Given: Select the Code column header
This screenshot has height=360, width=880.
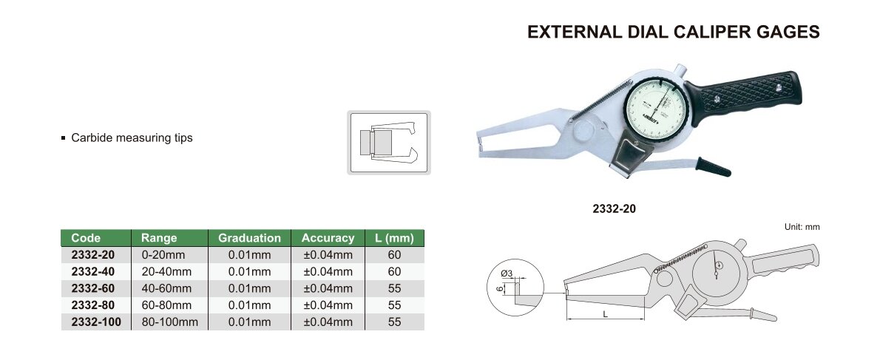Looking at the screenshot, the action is click(x=86, y=238).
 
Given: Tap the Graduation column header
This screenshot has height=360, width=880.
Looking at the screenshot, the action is click(x=250, y=238).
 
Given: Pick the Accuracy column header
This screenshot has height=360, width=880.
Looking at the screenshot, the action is click(x=328, y=238).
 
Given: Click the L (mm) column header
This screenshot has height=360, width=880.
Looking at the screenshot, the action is click(x=394, y=238).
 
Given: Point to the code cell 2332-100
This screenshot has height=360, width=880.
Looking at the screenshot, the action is click(x=96, y=322).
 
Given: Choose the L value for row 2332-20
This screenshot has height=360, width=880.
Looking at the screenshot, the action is click(x=395, y=255).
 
